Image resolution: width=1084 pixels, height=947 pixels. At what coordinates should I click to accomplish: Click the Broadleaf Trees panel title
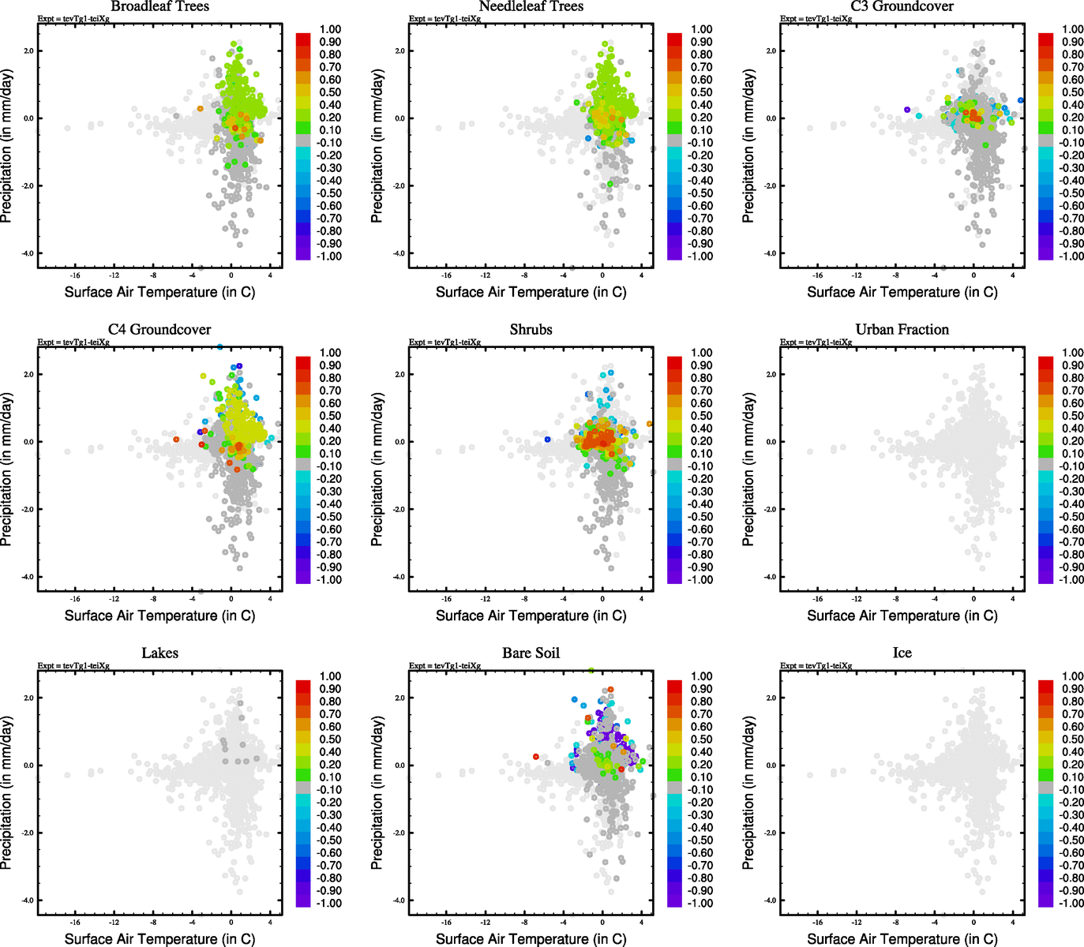[159, 6]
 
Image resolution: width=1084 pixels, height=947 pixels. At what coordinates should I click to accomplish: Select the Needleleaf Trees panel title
[531, 6]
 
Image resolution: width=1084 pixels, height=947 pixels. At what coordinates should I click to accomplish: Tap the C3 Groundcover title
[902, 6]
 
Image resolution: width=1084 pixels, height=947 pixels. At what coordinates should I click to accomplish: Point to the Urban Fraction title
[902, 330]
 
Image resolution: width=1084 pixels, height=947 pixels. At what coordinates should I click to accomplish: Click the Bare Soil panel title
[531, 653]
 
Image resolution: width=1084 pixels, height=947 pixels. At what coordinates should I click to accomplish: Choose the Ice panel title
[902, 653]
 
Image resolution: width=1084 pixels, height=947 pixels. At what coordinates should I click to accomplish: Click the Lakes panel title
[159, 653]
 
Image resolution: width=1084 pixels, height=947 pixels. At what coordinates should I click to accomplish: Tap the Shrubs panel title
[531, 330]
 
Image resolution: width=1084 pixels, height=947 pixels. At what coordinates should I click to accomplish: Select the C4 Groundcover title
[159, 330]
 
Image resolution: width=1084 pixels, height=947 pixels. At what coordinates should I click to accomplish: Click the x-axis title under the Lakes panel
[159, 939]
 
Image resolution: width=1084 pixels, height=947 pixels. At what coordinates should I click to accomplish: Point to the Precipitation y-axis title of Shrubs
[377, 470]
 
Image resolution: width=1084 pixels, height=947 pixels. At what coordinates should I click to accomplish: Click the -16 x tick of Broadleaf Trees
[75, 275]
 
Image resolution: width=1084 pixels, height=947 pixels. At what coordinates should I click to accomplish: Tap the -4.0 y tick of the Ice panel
[771, 900]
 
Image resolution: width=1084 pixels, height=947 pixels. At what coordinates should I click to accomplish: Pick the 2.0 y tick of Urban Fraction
[771, 374]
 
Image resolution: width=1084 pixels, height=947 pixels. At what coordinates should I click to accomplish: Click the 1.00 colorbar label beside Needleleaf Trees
[702, 29]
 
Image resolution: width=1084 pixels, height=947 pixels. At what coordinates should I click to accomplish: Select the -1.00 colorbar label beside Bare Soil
[700, 904]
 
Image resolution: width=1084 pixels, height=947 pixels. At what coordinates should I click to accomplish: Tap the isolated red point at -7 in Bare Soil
[535, 757]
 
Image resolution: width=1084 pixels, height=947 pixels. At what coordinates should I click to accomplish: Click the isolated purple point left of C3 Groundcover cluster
[907, 110]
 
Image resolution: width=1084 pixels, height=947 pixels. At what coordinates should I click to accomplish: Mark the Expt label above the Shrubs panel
[444, 342]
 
